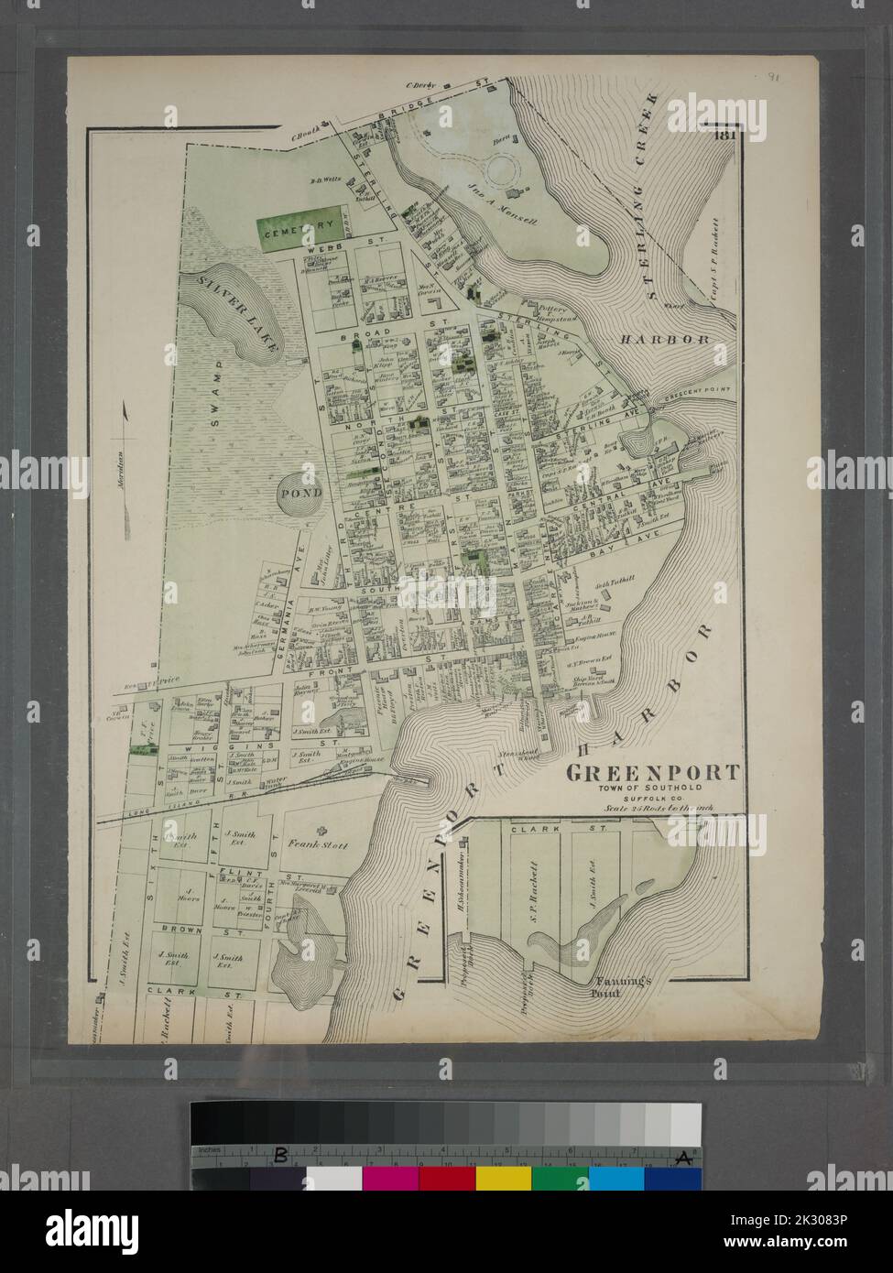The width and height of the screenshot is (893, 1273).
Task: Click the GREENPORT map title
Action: pyautogui.click(x=651, y=772)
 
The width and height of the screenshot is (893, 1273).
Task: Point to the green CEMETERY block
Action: pyautogui.click(x=291, y=233)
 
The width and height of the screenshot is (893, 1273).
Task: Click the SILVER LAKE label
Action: pyautogui.click(x=232, y=314)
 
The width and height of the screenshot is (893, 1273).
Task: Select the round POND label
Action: pyautogui.click(x=301, y=493)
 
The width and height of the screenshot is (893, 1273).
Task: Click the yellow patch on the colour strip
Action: pyautogui.click(x=503, y=1179)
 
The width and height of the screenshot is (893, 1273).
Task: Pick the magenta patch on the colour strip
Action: pyautogui.click(x=390, y=1179)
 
